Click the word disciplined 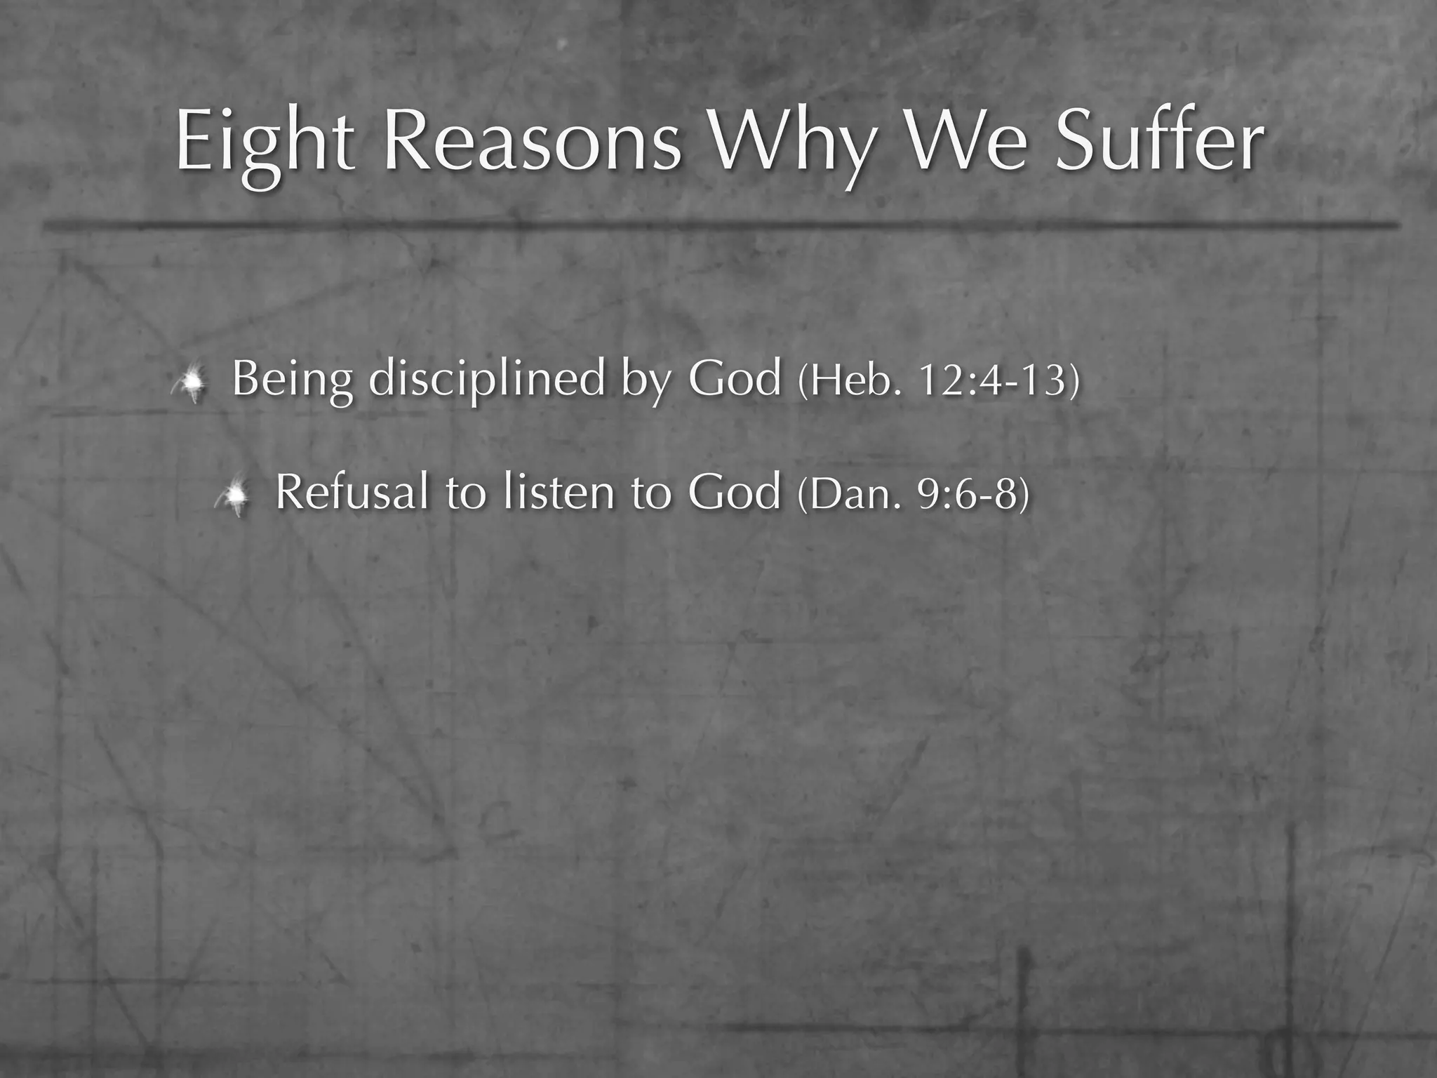(x=486, y=379)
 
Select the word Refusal (x=352, y=491)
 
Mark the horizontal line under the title (x=718, y=225)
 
